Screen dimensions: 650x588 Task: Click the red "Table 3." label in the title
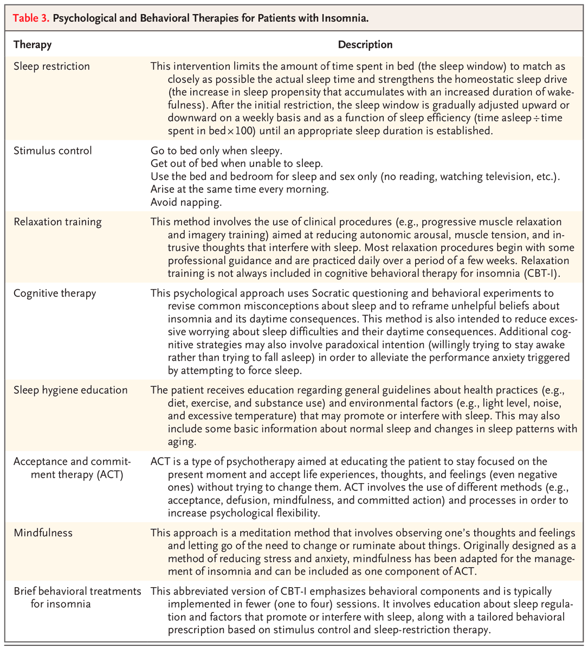click(31, 18)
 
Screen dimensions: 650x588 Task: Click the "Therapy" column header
click(32, 44)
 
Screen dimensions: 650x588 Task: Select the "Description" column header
click(365, 44)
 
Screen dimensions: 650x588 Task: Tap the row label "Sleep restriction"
click(51, 67)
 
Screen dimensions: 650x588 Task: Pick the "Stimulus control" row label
click(53, 151)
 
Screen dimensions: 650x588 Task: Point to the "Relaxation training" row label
click(57, 222)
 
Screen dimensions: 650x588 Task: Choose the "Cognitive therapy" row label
click(55, 293)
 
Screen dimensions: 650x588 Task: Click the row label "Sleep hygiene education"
click(70, 390)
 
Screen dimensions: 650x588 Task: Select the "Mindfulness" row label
click(43, 532)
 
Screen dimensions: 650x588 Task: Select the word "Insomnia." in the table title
click(347, 18)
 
